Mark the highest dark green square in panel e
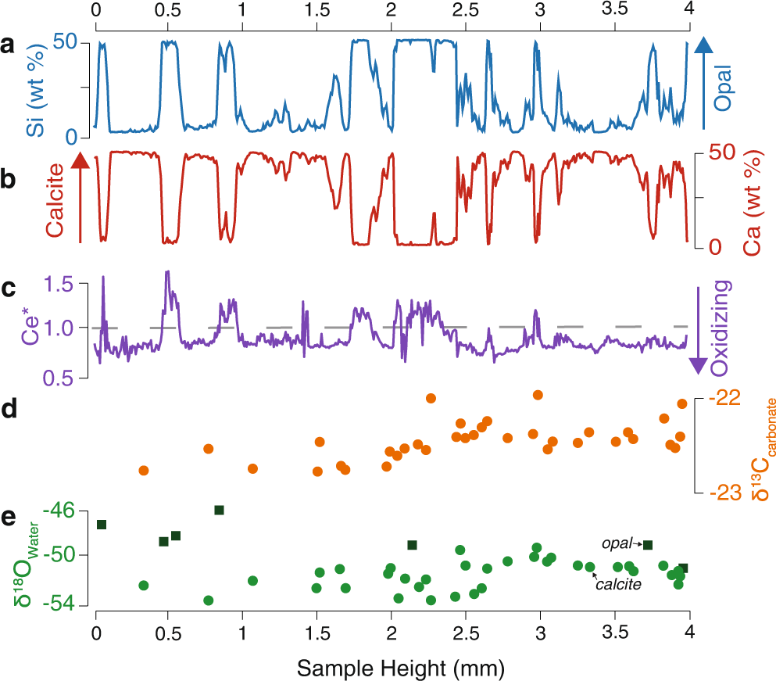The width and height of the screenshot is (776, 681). coord(220,532)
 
